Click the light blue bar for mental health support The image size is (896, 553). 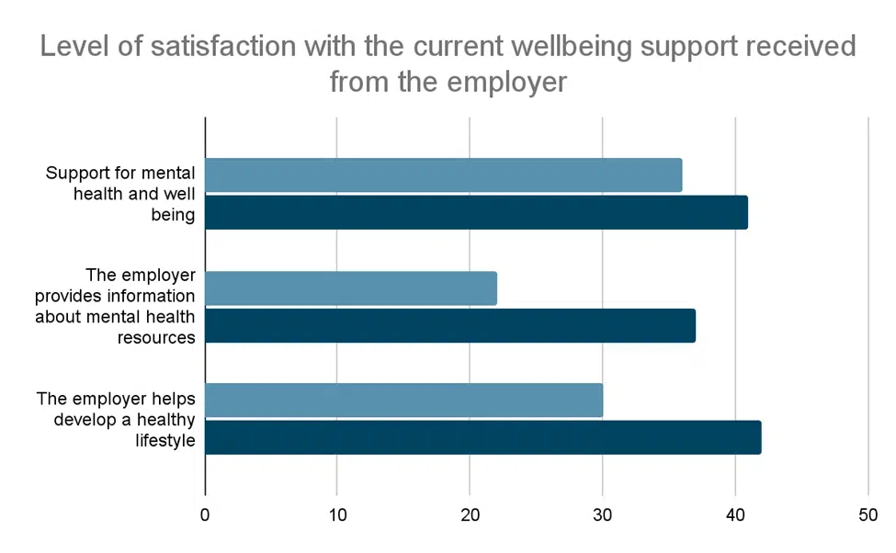(443, 175)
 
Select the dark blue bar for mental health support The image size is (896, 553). (476, 212)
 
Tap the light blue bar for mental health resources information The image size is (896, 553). (350, 288)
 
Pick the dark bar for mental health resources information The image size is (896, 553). (449, 325)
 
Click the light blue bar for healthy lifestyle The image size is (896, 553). (403, 401)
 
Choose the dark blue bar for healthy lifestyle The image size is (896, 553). (482, 437)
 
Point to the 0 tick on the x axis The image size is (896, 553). (205, 515)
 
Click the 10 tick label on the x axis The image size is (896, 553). (336, 515)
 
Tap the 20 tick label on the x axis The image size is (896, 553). (470, 515)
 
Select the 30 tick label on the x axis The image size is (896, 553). (603, 515)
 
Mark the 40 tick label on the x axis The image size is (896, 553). (735, 515)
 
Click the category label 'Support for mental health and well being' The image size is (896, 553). (120, 194)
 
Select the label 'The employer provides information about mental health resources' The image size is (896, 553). (115, 306)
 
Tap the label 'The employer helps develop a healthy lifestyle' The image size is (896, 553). (116, 419)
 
